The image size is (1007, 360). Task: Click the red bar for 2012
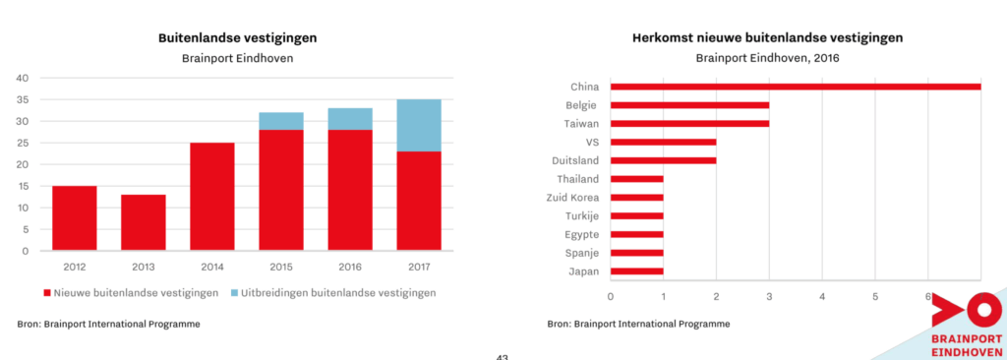point(75,218)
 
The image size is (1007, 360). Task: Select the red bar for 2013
point(144,222)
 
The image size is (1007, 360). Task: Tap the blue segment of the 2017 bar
point(419,125)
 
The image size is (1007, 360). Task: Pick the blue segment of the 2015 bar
point(281,121)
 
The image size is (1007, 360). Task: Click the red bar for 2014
point(212,197)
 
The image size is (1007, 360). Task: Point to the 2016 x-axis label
point(350,266)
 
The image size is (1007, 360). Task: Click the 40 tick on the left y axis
point(24,78)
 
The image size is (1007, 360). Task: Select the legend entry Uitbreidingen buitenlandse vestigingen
point(333,292)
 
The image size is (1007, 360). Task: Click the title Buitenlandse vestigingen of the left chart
point(238,38)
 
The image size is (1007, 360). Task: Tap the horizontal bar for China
point(796,87)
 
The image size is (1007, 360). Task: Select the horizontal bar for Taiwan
point(689,124)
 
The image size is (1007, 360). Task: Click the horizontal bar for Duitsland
point(663,160)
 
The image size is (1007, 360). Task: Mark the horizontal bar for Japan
point(636,271)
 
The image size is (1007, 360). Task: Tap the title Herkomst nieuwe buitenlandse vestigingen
point(767,38)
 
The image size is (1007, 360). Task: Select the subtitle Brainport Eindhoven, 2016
point(767,58)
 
